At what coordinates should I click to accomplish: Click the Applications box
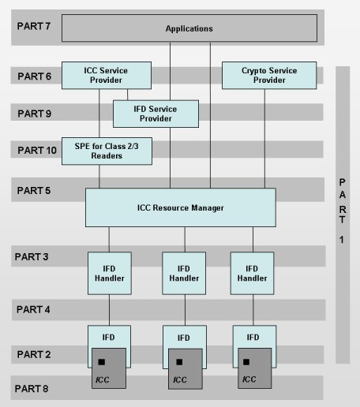coord(189,29)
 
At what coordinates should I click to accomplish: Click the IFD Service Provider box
coord(156,113)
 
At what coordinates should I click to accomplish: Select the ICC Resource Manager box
coord(181,207)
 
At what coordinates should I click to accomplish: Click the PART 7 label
coord(34,26)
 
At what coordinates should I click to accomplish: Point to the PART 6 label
coord(34,77)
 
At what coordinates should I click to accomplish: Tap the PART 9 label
coord(34,114)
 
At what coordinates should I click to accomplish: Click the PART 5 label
coord(34,190)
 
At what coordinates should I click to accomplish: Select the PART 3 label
coord(34,256)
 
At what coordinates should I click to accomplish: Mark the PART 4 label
coord(34,309)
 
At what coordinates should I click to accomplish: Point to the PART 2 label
coord(34,354)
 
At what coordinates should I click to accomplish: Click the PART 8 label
coord(34,387)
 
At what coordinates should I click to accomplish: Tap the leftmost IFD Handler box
coord(109,273)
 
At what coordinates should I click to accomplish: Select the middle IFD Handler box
coord(184,273)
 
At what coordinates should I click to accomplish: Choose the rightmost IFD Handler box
coord(253,273)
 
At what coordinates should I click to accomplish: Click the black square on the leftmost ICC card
coord(102,362)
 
